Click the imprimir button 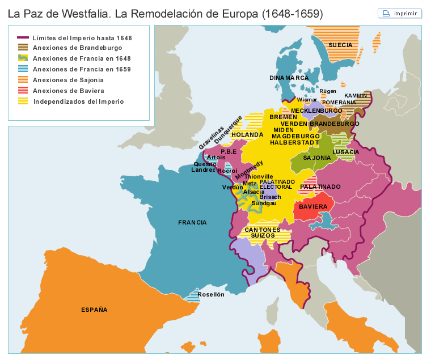pos(400,13)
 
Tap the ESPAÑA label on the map pos(94,310)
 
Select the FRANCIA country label pos(192,222)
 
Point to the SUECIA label pos(340,45)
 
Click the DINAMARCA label pos(289,78)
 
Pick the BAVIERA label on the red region pos(313,207)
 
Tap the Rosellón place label pos(211,294)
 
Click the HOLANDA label pos(247,135)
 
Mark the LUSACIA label pos(346,152)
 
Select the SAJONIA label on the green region pos(316,158)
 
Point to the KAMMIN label pos(356,95)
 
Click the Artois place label pos(216,157)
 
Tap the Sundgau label pos(264,202)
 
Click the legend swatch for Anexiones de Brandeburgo pos(23,48)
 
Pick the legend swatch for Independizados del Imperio pos(23,101)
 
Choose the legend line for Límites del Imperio pos(23,37)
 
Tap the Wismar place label pos(307,99)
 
